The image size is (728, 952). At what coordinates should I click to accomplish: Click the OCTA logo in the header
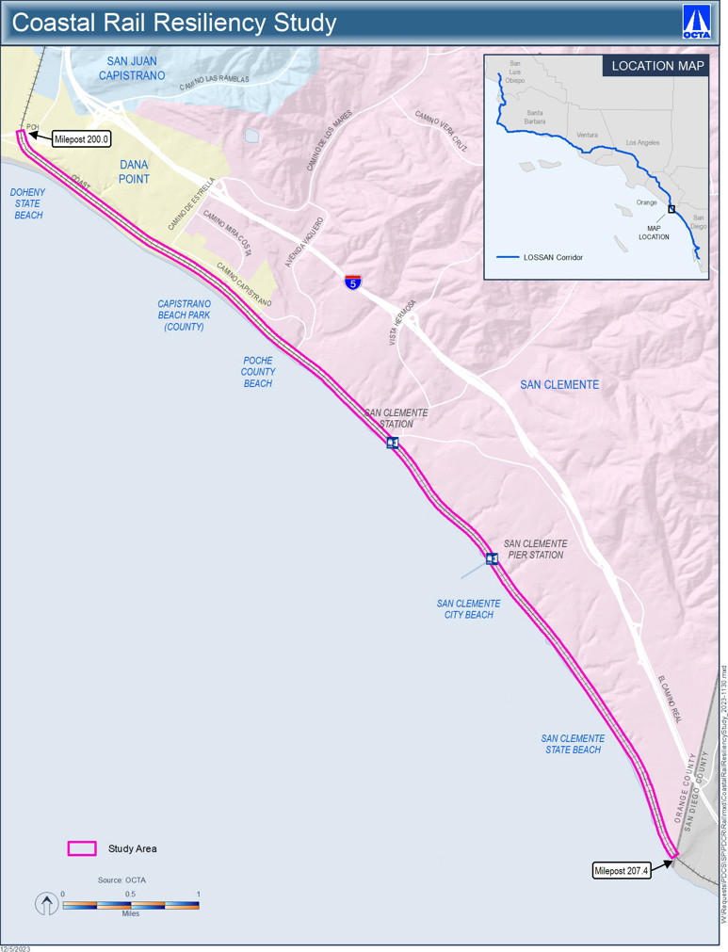tap(697, 22)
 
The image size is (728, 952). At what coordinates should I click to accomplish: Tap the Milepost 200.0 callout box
tap(82, 139)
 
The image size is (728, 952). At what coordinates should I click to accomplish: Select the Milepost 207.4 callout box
tap(622, 871)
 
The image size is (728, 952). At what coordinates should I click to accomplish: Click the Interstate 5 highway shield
tap(352, 282)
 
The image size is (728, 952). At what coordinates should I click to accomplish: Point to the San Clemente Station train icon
tap(393, 443)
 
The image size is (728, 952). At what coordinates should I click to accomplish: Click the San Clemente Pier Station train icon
tap(492, 559)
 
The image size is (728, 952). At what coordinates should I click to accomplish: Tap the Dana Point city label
tap(134, 172)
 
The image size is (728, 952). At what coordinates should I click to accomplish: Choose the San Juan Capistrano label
tap(132, 69)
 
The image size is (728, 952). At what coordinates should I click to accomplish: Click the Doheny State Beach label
tap(28, 203)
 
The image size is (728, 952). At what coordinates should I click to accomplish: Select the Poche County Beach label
tap(258, 372)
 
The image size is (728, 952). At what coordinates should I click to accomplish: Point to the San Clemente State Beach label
tap(573, 744)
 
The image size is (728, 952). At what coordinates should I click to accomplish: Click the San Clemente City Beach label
tap(469, 609)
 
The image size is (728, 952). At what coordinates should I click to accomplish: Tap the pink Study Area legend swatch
tap(82, 848)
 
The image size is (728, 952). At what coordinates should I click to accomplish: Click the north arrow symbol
tap(46, 905)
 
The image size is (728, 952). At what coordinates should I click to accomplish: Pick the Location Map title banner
tap(657, 66)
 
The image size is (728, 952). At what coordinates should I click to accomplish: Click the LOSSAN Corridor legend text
tap(553, 257)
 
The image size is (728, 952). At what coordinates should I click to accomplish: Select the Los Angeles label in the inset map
tap(642, 143)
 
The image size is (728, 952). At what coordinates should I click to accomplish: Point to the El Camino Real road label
tap(670, 698)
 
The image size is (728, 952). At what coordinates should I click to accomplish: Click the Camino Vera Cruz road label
tap(441, 130)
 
